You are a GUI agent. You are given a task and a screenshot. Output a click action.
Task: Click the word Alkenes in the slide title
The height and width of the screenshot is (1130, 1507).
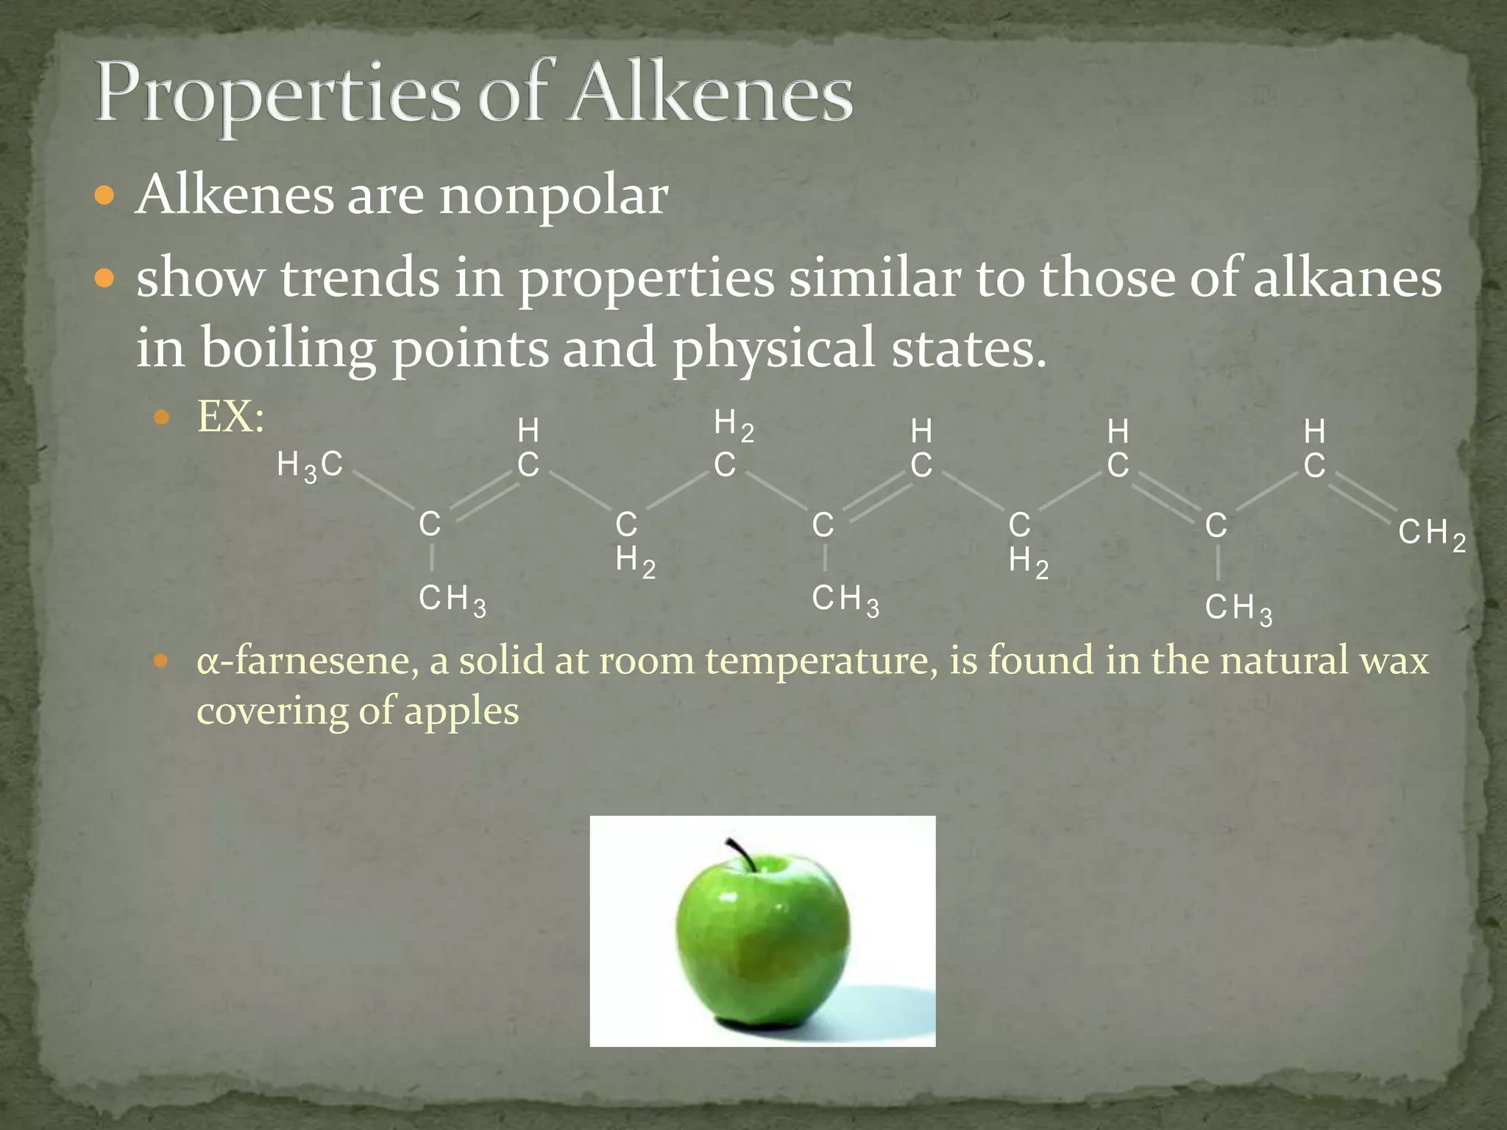712,96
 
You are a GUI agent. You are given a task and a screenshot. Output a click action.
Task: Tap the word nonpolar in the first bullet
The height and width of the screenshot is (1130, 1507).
553,197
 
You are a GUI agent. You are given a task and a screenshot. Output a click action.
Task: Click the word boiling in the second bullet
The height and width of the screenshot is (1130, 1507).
287,347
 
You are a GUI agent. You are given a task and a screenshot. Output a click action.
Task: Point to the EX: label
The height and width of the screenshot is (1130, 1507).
230,417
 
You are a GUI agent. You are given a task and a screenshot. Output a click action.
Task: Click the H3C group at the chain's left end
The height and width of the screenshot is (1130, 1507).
310,466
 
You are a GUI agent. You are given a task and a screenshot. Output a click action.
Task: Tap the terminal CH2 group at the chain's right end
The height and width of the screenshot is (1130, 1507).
1431,533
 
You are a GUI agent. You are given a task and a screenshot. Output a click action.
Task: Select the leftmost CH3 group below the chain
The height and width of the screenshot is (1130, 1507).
452,600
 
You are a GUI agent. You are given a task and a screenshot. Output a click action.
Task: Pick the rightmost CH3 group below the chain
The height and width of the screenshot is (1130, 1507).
1238,608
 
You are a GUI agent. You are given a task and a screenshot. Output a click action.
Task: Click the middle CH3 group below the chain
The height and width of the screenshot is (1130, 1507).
845,600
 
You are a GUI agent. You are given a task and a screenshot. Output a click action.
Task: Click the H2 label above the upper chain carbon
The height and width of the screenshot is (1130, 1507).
733,424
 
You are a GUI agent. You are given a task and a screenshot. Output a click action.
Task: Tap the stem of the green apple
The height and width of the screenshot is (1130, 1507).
742,853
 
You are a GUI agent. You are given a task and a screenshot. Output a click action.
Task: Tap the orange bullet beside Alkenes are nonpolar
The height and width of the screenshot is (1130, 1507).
106,196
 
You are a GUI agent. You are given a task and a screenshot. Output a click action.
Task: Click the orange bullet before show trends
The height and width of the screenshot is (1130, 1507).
106,279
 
